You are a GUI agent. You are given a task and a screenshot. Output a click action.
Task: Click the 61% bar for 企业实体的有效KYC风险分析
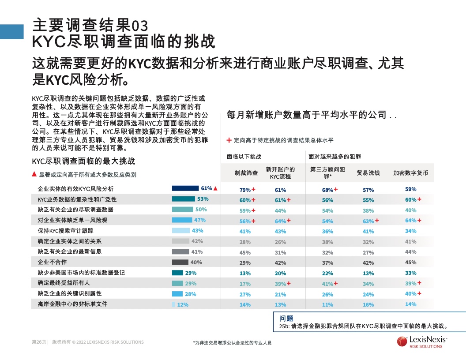185,188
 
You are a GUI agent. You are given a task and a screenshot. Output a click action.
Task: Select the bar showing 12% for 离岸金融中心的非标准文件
173,304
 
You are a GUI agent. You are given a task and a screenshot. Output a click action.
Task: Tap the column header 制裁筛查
246,173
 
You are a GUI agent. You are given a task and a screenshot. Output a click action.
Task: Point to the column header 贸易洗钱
368,173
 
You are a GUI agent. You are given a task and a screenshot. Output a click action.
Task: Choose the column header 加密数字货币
410,173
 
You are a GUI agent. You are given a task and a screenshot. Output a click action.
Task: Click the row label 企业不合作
52,262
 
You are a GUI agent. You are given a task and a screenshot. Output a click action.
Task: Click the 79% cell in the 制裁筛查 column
245,190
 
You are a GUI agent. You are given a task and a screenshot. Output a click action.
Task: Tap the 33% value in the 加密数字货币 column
410,273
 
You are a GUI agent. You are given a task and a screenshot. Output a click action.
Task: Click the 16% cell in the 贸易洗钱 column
368,304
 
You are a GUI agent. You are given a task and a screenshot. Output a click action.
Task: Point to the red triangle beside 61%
216,188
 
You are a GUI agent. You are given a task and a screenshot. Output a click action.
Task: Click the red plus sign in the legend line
229,140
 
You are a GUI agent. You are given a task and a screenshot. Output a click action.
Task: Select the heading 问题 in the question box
286,318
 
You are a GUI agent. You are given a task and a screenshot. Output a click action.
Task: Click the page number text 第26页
39,342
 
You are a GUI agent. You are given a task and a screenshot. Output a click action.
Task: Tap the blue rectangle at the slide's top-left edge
11,32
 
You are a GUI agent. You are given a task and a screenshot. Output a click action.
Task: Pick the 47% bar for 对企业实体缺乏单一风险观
182,220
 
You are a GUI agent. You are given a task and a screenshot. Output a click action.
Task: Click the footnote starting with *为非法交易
232,342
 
